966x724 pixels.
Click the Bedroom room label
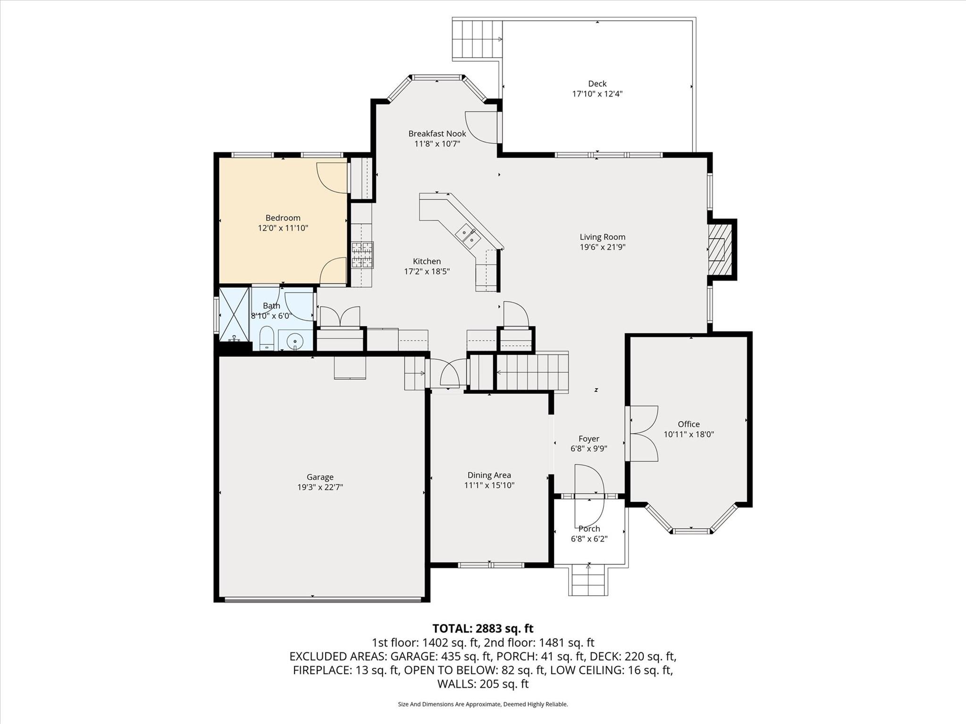(283, 218)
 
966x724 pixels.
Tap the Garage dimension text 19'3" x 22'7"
(320, 487)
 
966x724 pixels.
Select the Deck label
(597, 83)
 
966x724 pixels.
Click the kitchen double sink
(468, 236)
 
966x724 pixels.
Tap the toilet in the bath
(267, 338)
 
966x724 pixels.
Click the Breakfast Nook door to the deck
(481, 126)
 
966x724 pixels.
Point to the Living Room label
(603, 237)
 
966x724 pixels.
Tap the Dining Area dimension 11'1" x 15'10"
(489, 485)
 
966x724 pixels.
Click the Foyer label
(589, 439)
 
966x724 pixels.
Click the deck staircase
(477, 39)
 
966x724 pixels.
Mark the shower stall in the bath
(234, 314)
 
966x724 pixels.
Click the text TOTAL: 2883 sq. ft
(483, 628)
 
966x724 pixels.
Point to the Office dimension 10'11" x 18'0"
(689, 434)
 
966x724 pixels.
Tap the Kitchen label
(427, 261)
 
